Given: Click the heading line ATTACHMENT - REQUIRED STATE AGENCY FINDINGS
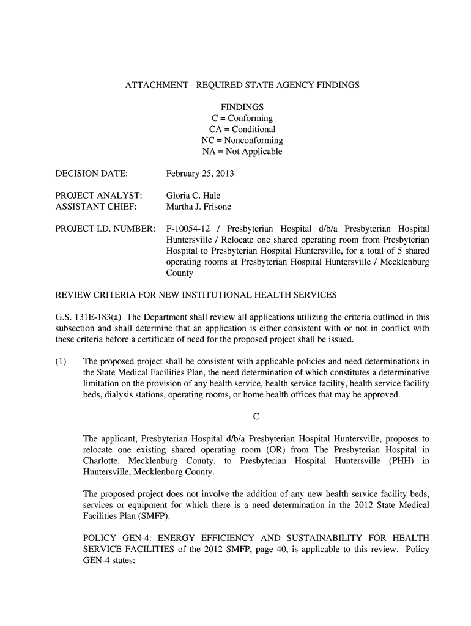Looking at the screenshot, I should pos(242,86).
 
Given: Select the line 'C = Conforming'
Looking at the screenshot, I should pos(242,118).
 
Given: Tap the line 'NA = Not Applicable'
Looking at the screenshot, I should pos(242,152).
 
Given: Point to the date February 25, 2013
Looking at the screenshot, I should pos(200,174).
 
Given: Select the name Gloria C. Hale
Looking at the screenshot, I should pos(193,196).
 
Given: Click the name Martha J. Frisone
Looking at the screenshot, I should pos(199,207).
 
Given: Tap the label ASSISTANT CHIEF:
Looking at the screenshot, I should pos(96,207).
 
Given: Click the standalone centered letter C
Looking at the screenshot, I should pos(256,417).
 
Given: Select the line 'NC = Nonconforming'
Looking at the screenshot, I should pos(242,141).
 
